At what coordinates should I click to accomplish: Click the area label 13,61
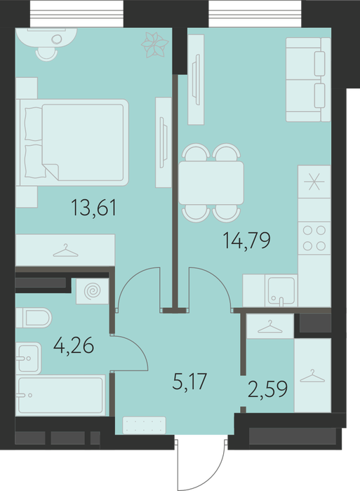tap(94, 208)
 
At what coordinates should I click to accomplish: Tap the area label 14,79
tap(246, 241)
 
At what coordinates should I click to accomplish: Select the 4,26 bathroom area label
tap(74, 345)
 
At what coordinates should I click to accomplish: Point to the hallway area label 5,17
tap(190, 381)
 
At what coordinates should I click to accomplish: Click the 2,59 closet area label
tap(267, 389)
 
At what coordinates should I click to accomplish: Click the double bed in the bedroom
tap(73, 143)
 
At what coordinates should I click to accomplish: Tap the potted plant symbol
tap(155, 45)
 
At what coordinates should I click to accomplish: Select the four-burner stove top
tap(314, 238)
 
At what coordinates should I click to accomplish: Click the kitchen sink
tap(281, 291)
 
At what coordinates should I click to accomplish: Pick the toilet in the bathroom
tap(34, 318)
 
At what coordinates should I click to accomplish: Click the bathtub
tap(61, 395)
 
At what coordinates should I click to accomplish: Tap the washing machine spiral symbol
tap(93, 291)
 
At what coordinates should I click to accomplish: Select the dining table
tap(211, 183)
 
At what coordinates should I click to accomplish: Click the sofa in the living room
tap(308, 79)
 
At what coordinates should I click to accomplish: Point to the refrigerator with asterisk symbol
tap(314, 182)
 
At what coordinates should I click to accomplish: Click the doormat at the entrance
tap(144, 425)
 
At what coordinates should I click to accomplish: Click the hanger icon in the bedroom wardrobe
tap(65, 251)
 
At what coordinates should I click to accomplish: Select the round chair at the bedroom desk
tap(47, 53)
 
